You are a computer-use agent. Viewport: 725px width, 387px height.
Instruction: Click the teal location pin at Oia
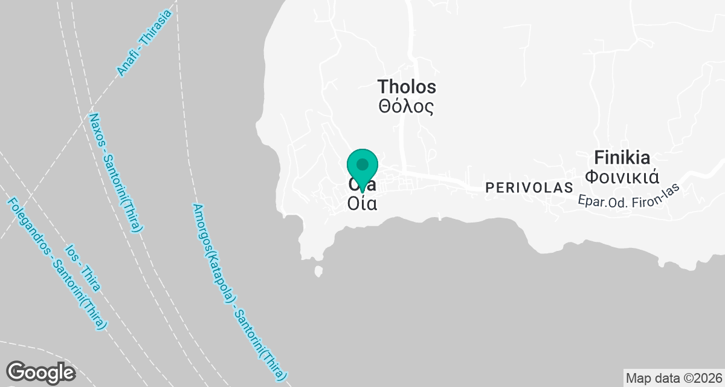point(362,169)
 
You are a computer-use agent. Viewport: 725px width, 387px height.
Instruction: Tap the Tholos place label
point(407,86)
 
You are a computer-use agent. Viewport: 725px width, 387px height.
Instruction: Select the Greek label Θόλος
point(407,107)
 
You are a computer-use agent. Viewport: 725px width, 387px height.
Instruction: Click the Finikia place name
point(622,158)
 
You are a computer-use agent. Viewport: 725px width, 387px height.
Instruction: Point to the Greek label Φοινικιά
point(622,177)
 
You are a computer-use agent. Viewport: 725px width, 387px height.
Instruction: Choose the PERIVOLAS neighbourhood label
point(529,188)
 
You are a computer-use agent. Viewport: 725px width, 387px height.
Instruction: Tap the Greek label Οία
point(362,204)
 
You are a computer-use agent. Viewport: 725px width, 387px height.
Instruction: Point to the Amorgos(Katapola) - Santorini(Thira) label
point(240,290)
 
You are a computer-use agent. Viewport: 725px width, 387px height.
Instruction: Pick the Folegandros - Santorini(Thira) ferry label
point(57,264)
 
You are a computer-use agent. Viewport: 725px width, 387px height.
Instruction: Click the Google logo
point(40,372)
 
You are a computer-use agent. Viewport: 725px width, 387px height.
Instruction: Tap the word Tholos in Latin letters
point(407,86)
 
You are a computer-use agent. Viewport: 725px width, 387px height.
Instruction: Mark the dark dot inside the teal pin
point(362,164)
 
